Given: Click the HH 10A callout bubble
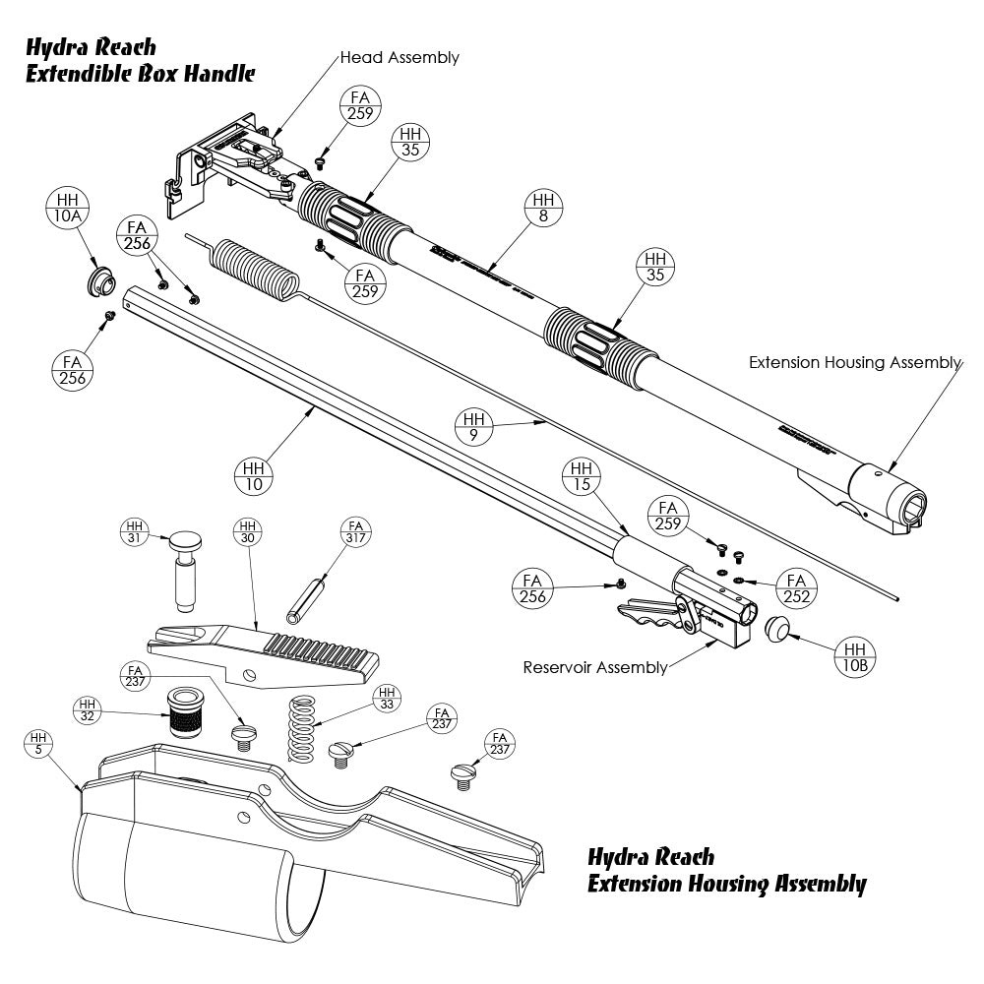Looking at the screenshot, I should click(x=66, y=210).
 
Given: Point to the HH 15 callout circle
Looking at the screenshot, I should click(x=582, y=476).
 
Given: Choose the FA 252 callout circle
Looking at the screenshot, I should click(x=795, y=589).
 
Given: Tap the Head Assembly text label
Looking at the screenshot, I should click(x=399, y=57).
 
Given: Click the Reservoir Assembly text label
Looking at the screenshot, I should click(x=594, y=668).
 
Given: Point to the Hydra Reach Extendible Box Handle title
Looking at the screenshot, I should click(x=140, y=60).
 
